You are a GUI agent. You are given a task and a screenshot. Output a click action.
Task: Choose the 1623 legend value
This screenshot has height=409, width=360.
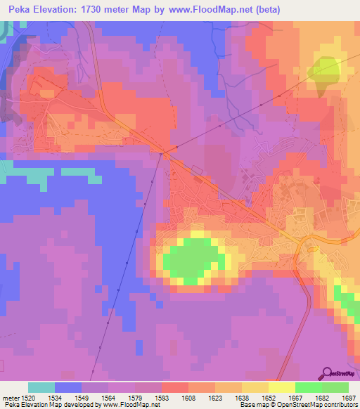215,398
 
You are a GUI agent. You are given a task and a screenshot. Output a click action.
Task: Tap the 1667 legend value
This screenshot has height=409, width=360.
295,398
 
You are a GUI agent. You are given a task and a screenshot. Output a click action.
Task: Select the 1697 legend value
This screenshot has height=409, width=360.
348,398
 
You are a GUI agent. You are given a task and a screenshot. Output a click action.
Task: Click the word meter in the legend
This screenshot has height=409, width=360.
10,398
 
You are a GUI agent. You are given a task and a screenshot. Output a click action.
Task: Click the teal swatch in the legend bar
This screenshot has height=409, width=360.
41,387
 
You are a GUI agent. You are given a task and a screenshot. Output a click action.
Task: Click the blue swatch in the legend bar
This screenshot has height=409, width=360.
68,387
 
